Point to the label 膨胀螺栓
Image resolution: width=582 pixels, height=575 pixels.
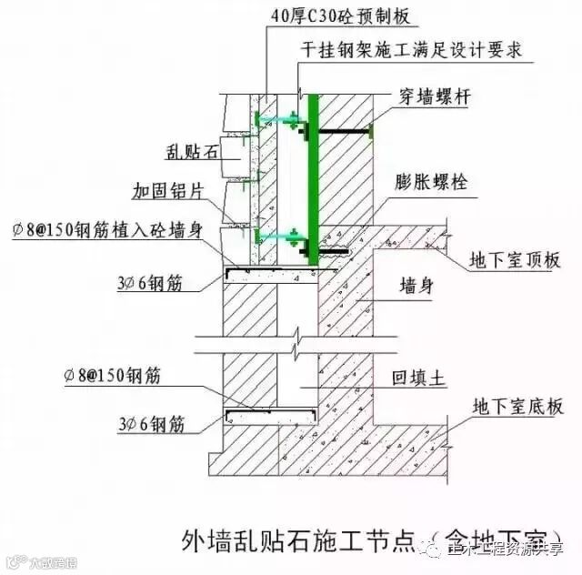[x=432, y=182]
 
